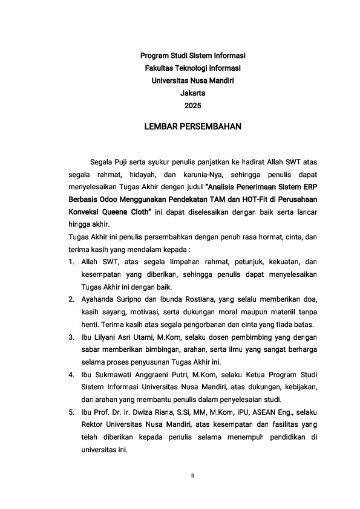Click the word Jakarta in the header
pos(192,93)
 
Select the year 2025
pos(192,106)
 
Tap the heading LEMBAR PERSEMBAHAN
pos(192,127)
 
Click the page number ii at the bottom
pos(192,476)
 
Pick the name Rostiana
pos(210,299)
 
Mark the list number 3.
pos(71,337)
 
